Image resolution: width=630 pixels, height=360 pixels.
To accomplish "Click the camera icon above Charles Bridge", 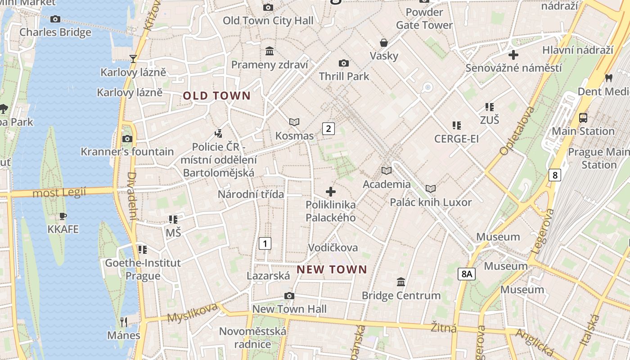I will (55, 19).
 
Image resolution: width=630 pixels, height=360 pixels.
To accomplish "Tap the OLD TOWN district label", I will (216, 95).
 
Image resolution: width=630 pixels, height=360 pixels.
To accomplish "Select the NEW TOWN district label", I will (332, 270).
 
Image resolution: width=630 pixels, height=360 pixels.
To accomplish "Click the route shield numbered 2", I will (328, 129).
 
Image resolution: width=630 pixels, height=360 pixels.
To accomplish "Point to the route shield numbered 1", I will (265, 244).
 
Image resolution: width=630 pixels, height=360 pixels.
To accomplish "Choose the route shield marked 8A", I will (467, 274).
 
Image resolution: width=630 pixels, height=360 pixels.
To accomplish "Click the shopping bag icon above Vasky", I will (384, 43).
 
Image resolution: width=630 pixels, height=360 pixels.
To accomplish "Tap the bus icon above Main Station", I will (583, 118).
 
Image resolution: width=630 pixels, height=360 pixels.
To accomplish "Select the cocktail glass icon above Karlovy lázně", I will (133, 58).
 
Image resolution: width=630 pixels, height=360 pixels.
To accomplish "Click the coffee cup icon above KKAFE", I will (63, 216).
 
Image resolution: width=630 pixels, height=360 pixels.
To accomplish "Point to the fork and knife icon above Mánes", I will (124, 322).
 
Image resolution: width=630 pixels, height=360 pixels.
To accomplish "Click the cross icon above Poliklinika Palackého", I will (331, 192).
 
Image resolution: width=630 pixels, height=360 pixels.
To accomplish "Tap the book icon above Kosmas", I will (294, 122).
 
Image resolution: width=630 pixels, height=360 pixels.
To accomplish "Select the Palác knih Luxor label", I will (431, 202).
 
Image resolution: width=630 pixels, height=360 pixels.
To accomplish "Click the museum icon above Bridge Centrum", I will (401, 282).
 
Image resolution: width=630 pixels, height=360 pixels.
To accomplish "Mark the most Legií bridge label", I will (59, 193).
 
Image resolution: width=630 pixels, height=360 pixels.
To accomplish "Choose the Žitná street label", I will (444, 327).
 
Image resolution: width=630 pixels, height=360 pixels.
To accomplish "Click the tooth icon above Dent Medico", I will (609, 78).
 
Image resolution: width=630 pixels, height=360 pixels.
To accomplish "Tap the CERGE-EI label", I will (456, 139).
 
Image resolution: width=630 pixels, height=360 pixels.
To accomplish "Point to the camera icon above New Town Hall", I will (289, 296).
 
